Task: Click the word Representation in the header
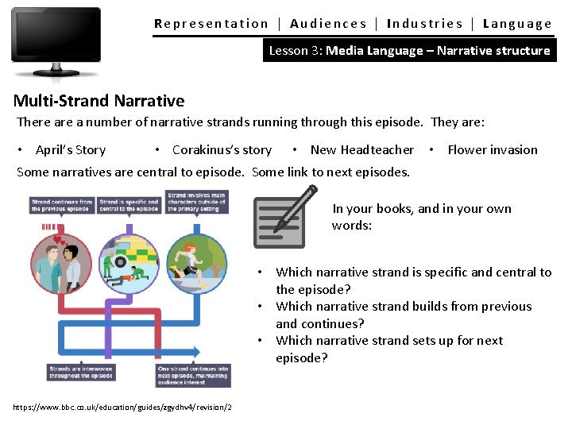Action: click(x=211, y=24)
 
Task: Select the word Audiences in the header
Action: click(x=328, y=24)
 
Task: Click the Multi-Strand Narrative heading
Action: click(x=99, y=101)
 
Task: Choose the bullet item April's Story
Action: click(x=71, y=149)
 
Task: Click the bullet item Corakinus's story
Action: click(x=222, y=149)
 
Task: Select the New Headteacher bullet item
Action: click(x=362, y=149)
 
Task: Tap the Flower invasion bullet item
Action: click(x=493, y=149)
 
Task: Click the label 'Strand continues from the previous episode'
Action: click(x=62, y=205)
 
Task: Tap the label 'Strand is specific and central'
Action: click(x=129, y=205)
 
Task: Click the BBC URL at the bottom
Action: click(x=123, y=407)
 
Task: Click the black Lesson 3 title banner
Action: click(x=409, y=50)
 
